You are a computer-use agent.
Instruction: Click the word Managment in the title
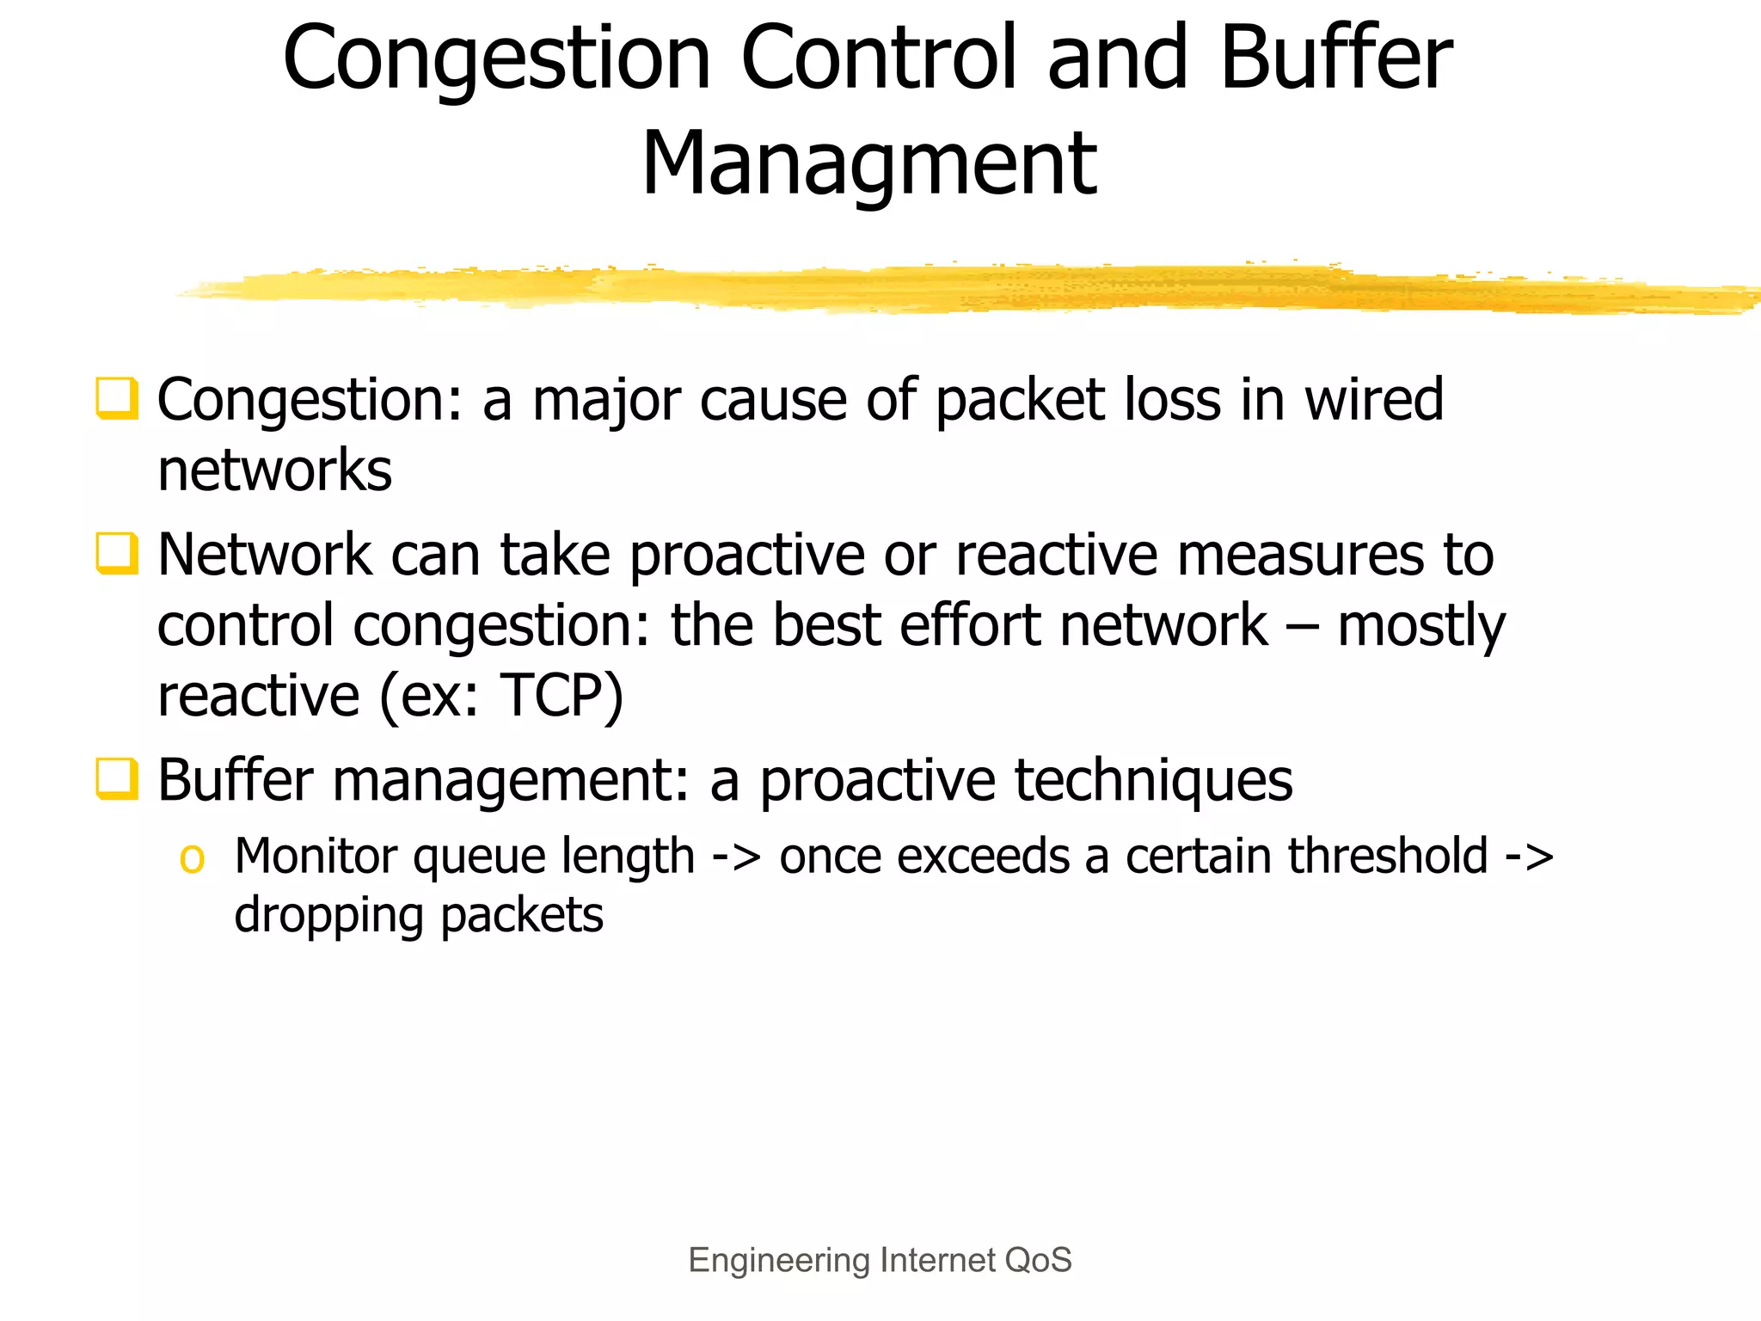(868, 163)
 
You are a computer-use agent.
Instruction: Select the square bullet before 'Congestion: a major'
(116, 399)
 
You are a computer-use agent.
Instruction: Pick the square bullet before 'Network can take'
(116, 553)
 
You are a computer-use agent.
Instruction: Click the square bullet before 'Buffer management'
(116, 778)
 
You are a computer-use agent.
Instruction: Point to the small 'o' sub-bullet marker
(192, 858)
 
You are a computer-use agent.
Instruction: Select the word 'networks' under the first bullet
(274, 470)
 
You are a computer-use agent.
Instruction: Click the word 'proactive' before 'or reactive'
(746, 555)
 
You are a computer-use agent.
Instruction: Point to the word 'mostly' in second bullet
(1421, 626)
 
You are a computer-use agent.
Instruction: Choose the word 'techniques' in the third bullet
(1153, 780)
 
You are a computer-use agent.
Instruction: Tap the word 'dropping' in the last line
(328, 915)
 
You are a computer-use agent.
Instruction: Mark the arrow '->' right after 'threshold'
(1530, 857)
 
